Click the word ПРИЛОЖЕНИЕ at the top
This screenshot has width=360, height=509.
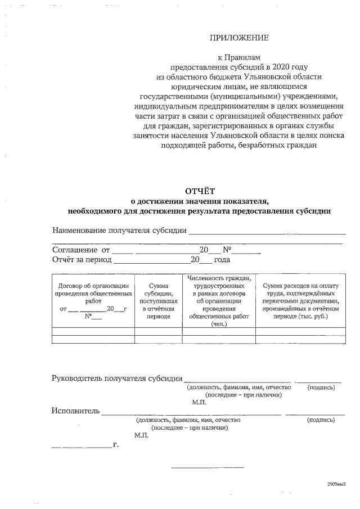point(239,38)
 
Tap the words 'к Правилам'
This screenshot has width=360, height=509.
point(239,57)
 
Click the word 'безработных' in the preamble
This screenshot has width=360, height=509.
point(253,145)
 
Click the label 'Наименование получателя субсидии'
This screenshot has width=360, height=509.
point(119,230)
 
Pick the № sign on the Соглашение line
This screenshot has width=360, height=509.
point(228,250)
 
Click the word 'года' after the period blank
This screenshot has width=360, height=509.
point(222,260)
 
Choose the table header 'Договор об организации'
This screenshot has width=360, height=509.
point(93,286)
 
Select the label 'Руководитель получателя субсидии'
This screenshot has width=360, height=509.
point(117,378)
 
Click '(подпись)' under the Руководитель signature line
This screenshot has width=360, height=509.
point(321,388)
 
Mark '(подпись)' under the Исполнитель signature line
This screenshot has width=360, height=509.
point(321,420)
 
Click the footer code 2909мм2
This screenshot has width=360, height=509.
point(336,483)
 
